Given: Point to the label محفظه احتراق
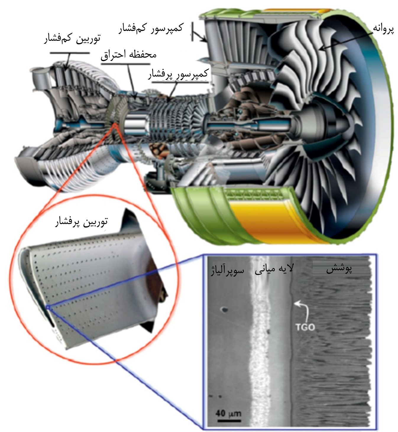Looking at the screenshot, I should [128, 55].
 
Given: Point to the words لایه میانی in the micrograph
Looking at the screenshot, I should [274, 269].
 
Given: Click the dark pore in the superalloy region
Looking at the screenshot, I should [224, 310].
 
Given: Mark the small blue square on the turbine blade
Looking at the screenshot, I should [47, 308].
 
